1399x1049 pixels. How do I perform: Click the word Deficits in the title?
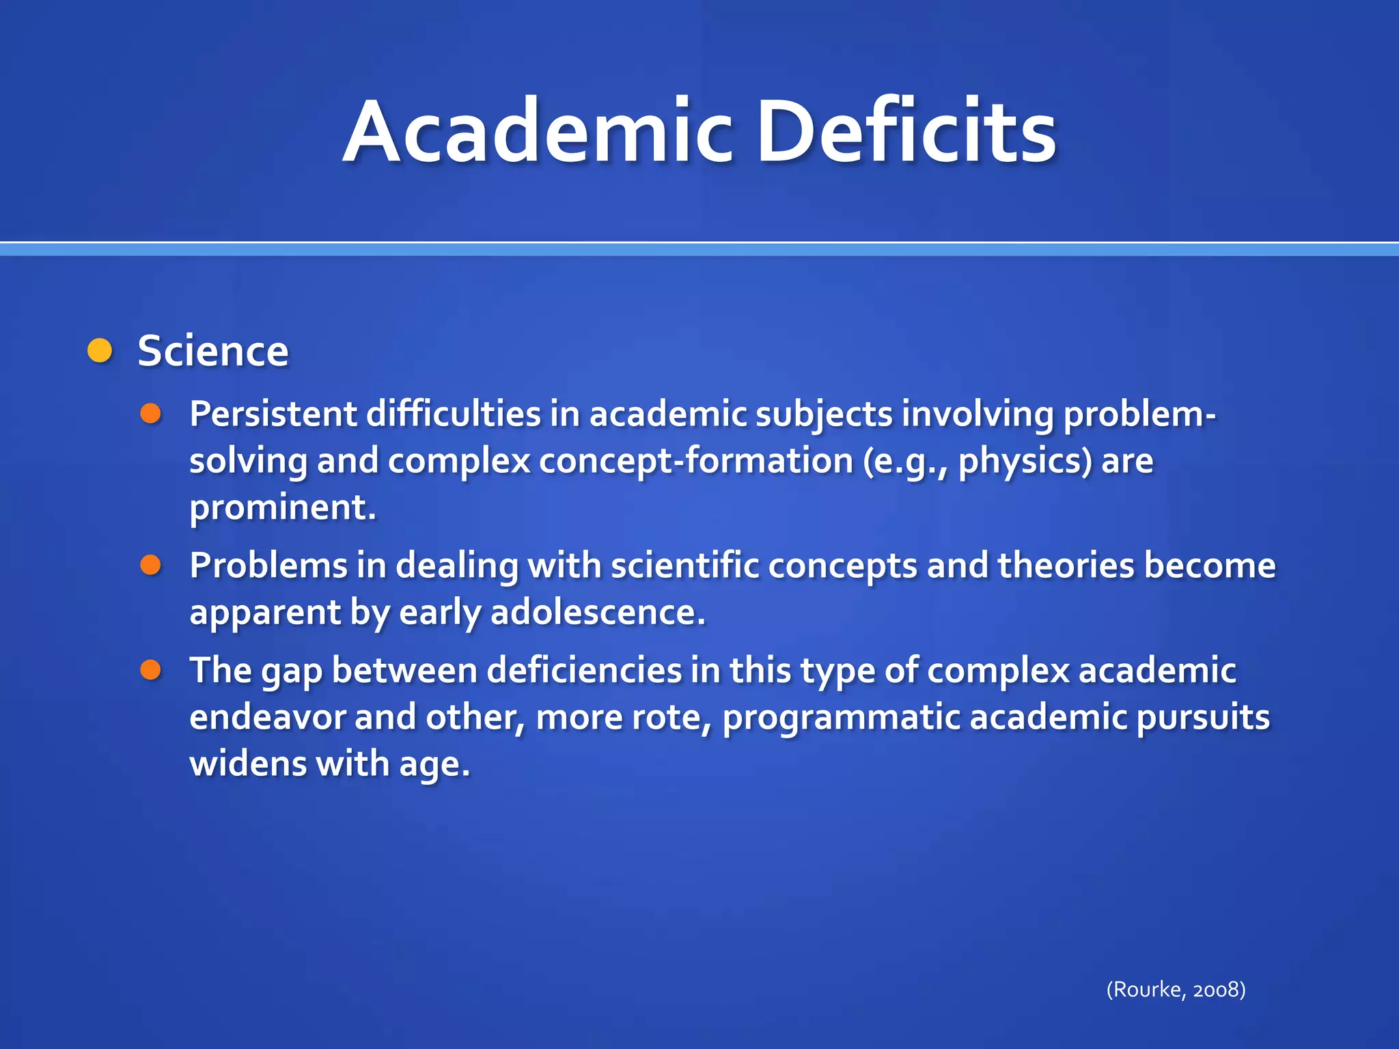pos(906,132)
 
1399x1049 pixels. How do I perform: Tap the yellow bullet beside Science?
pos(100,351)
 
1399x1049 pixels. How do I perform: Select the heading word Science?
pos(213,352)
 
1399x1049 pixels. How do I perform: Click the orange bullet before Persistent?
pos(150,413)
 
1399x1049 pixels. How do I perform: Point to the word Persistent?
pos(273,414)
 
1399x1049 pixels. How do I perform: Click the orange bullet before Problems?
pos(150,565)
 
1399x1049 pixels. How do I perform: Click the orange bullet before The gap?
pos(150,670)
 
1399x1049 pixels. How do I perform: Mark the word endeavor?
pos(267,717)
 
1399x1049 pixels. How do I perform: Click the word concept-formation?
pos(696,461)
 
